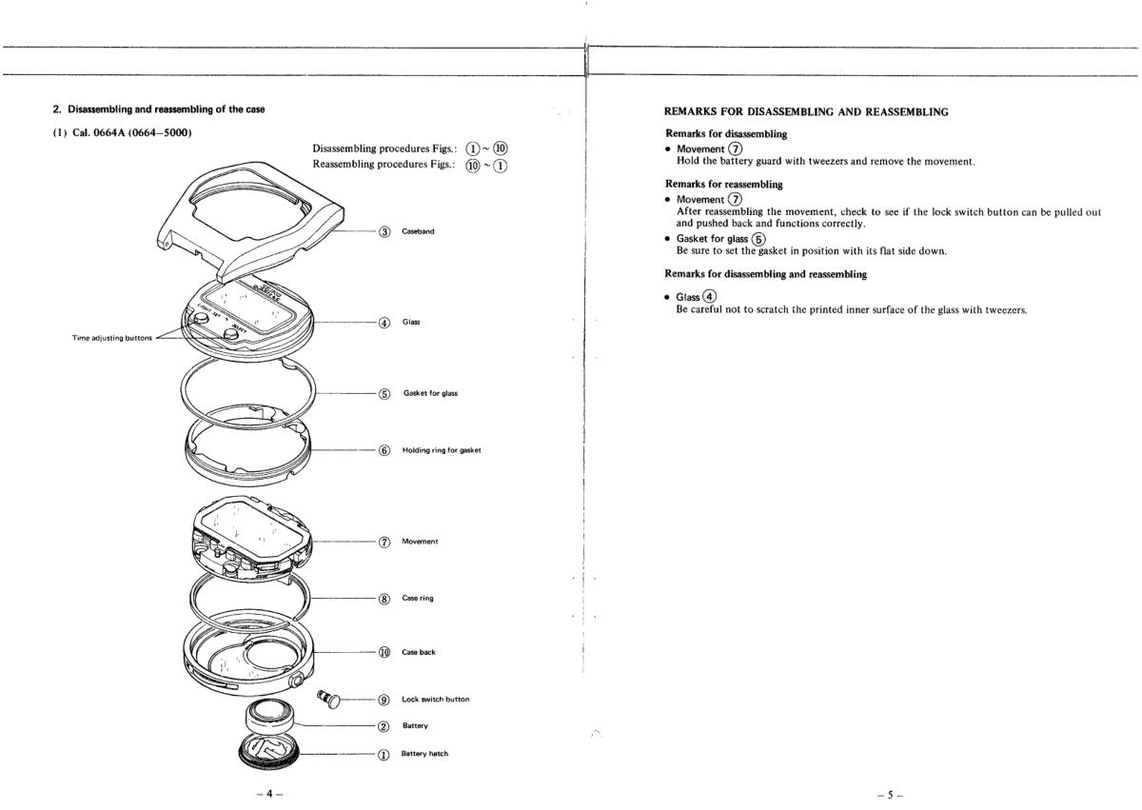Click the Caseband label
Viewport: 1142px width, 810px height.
click(418, 231)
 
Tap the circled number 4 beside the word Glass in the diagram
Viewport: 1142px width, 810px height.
click(384, 322)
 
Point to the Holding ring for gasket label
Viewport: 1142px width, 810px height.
click(441, 450)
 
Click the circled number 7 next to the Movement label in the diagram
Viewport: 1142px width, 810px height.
click(384, 542)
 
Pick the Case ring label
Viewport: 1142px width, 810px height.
click(418, 599)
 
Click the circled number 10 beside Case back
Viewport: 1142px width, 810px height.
click(384, 652)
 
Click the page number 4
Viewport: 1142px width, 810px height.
click(275, 791)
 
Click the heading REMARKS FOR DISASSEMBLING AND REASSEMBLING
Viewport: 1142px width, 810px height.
click(805, 111)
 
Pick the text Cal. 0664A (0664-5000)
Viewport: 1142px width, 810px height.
click(121, 131)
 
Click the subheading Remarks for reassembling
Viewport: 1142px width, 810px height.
click(723, 184)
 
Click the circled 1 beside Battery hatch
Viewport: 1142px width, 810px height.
click(384, 753)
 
